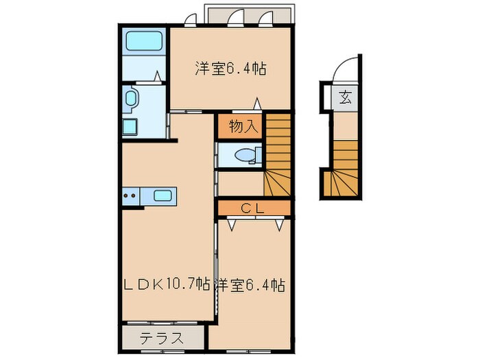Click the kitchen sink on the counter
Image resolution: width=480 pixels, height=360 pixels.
tap(163, 195)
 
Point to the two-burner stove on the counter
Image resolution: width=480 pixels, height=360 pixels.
tap(130, 195)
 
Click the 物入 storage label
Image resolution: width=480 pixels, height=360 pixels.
tap(241, 126)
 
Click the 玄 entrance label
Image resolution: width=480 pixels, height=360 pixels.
tap(345, 97)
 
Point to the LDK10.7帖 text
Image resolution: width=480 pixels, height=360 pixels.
tap(167, 284)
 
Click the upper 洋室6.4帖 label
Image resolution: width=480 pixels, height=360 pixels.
tap(230, 69)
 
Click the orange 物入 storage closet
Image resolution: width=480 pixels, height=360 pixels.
tap(241, 126)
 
